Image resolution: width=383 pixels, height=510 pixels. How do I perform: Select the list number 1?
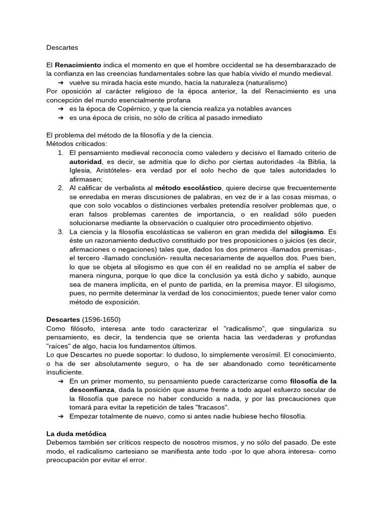point(60,152)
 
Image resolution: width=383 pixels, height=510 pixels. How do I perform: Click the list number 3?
point(60,232)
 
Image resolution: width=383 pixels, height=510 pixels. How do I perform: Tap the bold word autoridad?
point(85,161)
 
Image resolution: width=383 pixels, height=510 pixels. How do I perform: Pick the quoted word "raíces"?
point(59,346)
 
